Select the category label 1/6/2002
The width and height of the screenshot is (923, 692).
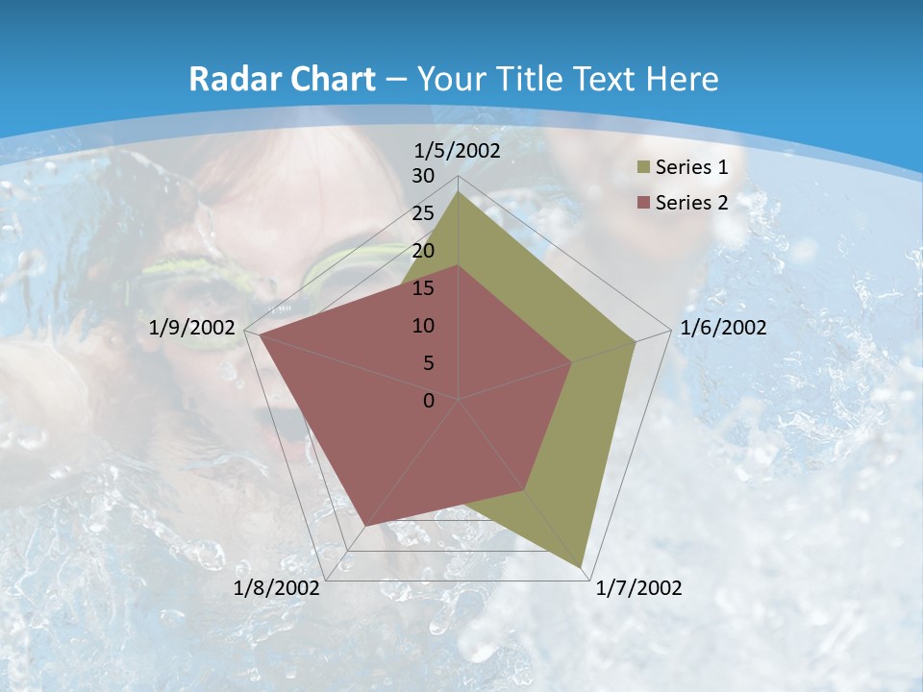tap(723, 328)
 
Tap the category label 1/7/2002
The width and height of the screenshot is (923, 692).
tap(638, 588)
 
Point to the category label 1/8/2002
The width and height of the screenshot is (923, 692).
tap(277, 588)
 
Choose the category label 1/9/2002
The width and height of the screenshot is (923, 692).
tap(192, 328)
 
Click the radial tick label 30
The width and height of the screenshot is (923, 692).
tap(423, 176)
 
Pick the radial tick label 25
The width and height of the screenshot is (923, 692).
tap(423, 213)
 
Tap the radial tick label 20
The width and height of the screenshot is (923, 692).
tap(423, 251)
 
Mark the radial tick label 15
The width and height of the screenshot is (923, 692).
tap(423, 288)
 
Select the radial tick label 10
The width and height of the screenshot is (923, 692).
tap(423, 326)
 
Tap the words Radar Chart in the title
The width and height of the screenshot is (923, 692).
tap(282, 79)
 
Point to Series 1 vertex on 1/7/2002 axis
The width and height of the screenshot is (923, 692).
tap(583, 567)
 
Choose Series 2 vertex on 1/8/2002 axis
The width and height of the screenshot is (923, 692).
tap(366, 526)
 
